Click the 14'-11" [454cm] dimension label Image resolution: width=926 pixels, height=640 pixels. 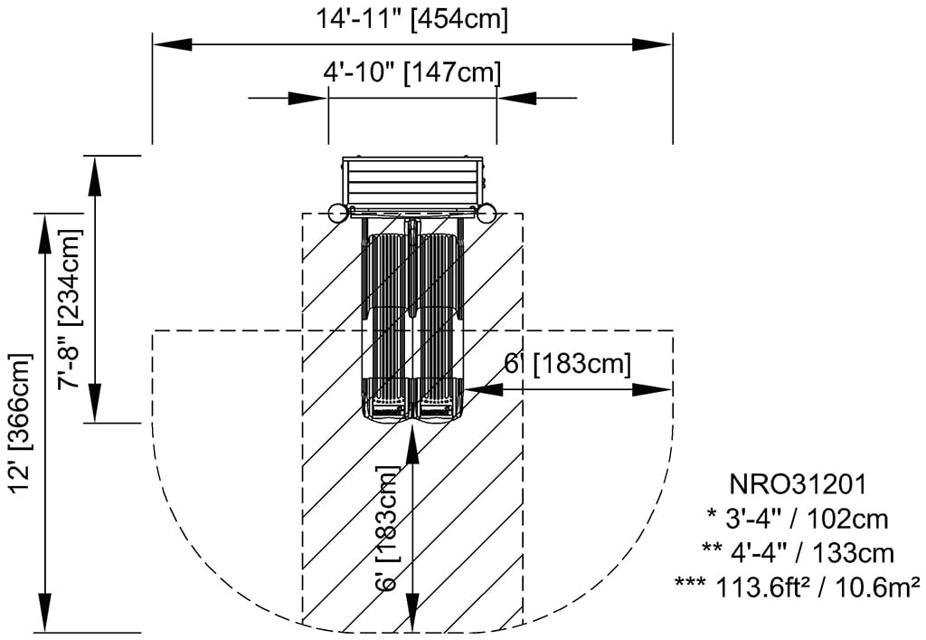[412, 18]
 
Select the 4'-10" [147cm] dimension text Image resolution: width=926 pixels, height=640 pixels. [411, 72]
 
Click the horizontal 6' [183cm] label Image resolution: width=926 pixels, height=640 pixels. [567, 364]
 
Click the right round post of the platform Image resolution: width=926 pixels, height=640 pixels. [487, 214]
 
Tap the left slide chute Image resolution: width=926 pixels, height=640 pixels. [390, 326]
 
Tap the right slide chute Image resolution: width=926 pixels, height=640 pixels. [438, 326]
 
